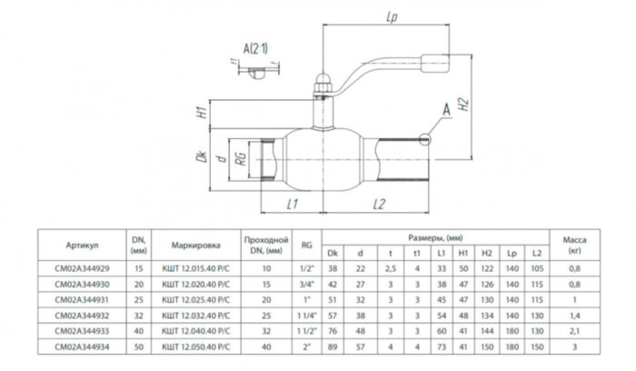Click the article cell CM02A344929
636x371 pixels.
(82, 269)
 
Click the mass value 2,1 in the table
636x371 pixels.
(574, 332)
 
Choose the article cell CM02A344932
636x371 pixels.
(82, 316)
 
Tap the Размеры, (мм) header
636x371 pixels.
(435, 234)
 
